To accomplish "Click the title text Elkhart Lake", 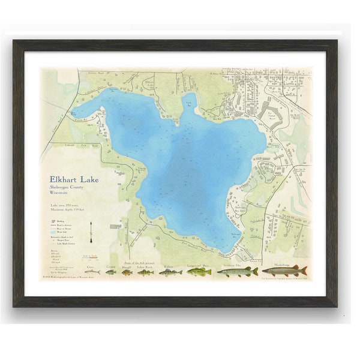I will click(x=74, y=179).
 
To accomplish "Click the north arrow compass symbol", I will click(x=91, y=230).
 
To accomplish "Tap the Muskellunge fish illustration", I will click(x=284, y=271).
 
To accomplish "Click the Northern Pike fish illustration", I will click(x=237, y=272).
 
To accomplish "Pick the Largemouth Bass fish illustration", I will click(x=199, y=272).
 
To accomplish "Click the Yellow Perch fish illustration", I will click(x=145, y=272).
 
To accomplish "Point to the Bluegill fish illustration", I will click(x=127, y=272).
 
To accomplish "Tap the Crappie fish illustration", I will click(x=110, y=272).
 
